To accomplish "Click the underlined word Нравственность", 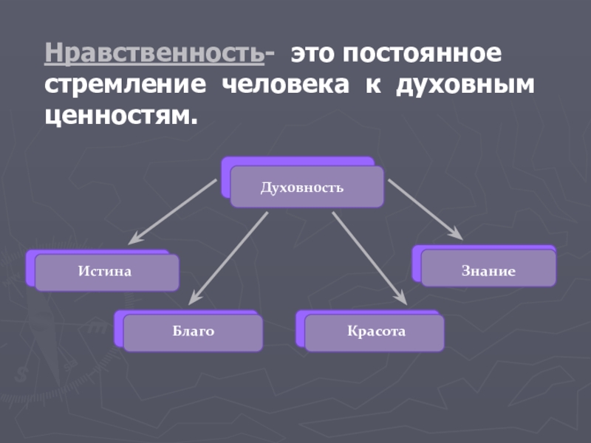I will pos(154,55).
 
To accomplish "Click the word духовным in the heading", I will pos(465,86).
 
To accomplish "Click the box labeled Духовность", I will pos(307,187).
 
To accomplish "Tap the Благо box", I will pos(193,332).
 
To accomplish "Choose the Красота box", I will pos(375,332).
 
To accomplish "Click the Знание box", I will pos(488,271).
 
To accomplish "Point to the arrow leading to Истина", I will pos(174,212).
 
